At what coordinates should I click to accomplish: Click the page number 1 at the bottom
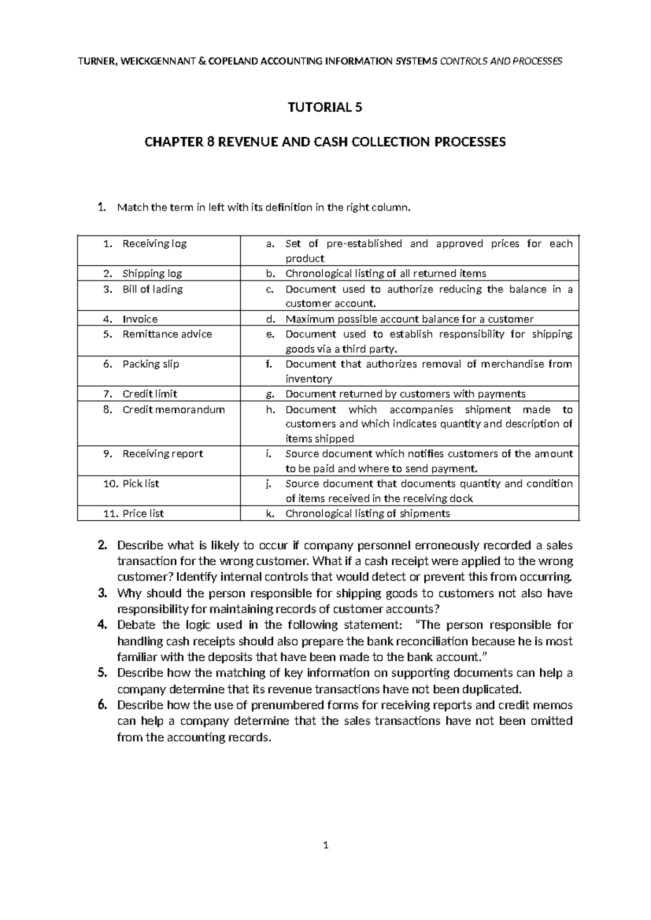tap(325, 860)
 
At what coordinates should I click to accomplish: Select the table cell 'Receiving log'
tap(154, 244)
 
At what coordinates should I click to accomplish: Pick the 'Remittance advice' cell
tap(167, 334)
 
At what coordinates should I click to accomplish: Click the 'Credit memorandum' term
tap(173, 410)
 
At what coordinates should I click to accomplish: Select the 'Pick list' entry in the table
tap(141, 483)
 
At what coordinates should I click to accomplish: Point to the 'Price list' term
tap(143, 513)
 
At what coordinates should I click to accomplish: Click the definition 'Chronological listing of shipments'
tap(367, 513)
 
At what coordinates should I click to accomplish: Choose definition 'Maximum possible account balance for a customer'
tap(409, 319)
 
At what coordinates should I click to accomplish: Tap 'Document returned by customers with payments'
tap(405, 394)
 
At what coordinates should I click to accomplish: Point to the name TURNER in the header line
tap(97, 61)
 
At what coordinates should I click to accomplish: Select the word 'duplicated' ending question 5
tap(490, 689)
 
